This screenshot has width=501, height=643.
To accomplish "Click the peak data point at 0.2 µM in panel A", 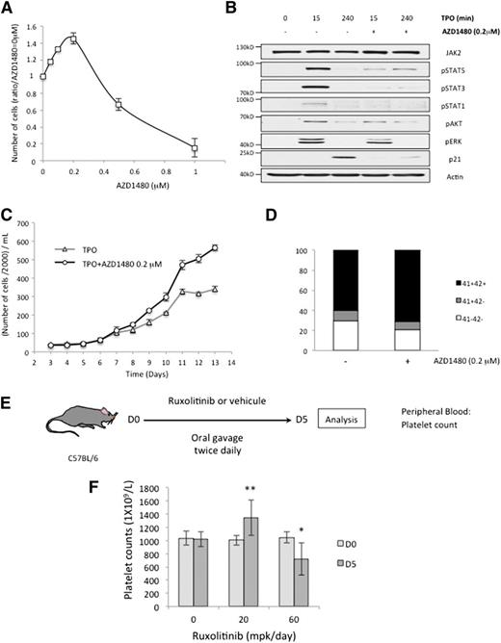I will [73, 38].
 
